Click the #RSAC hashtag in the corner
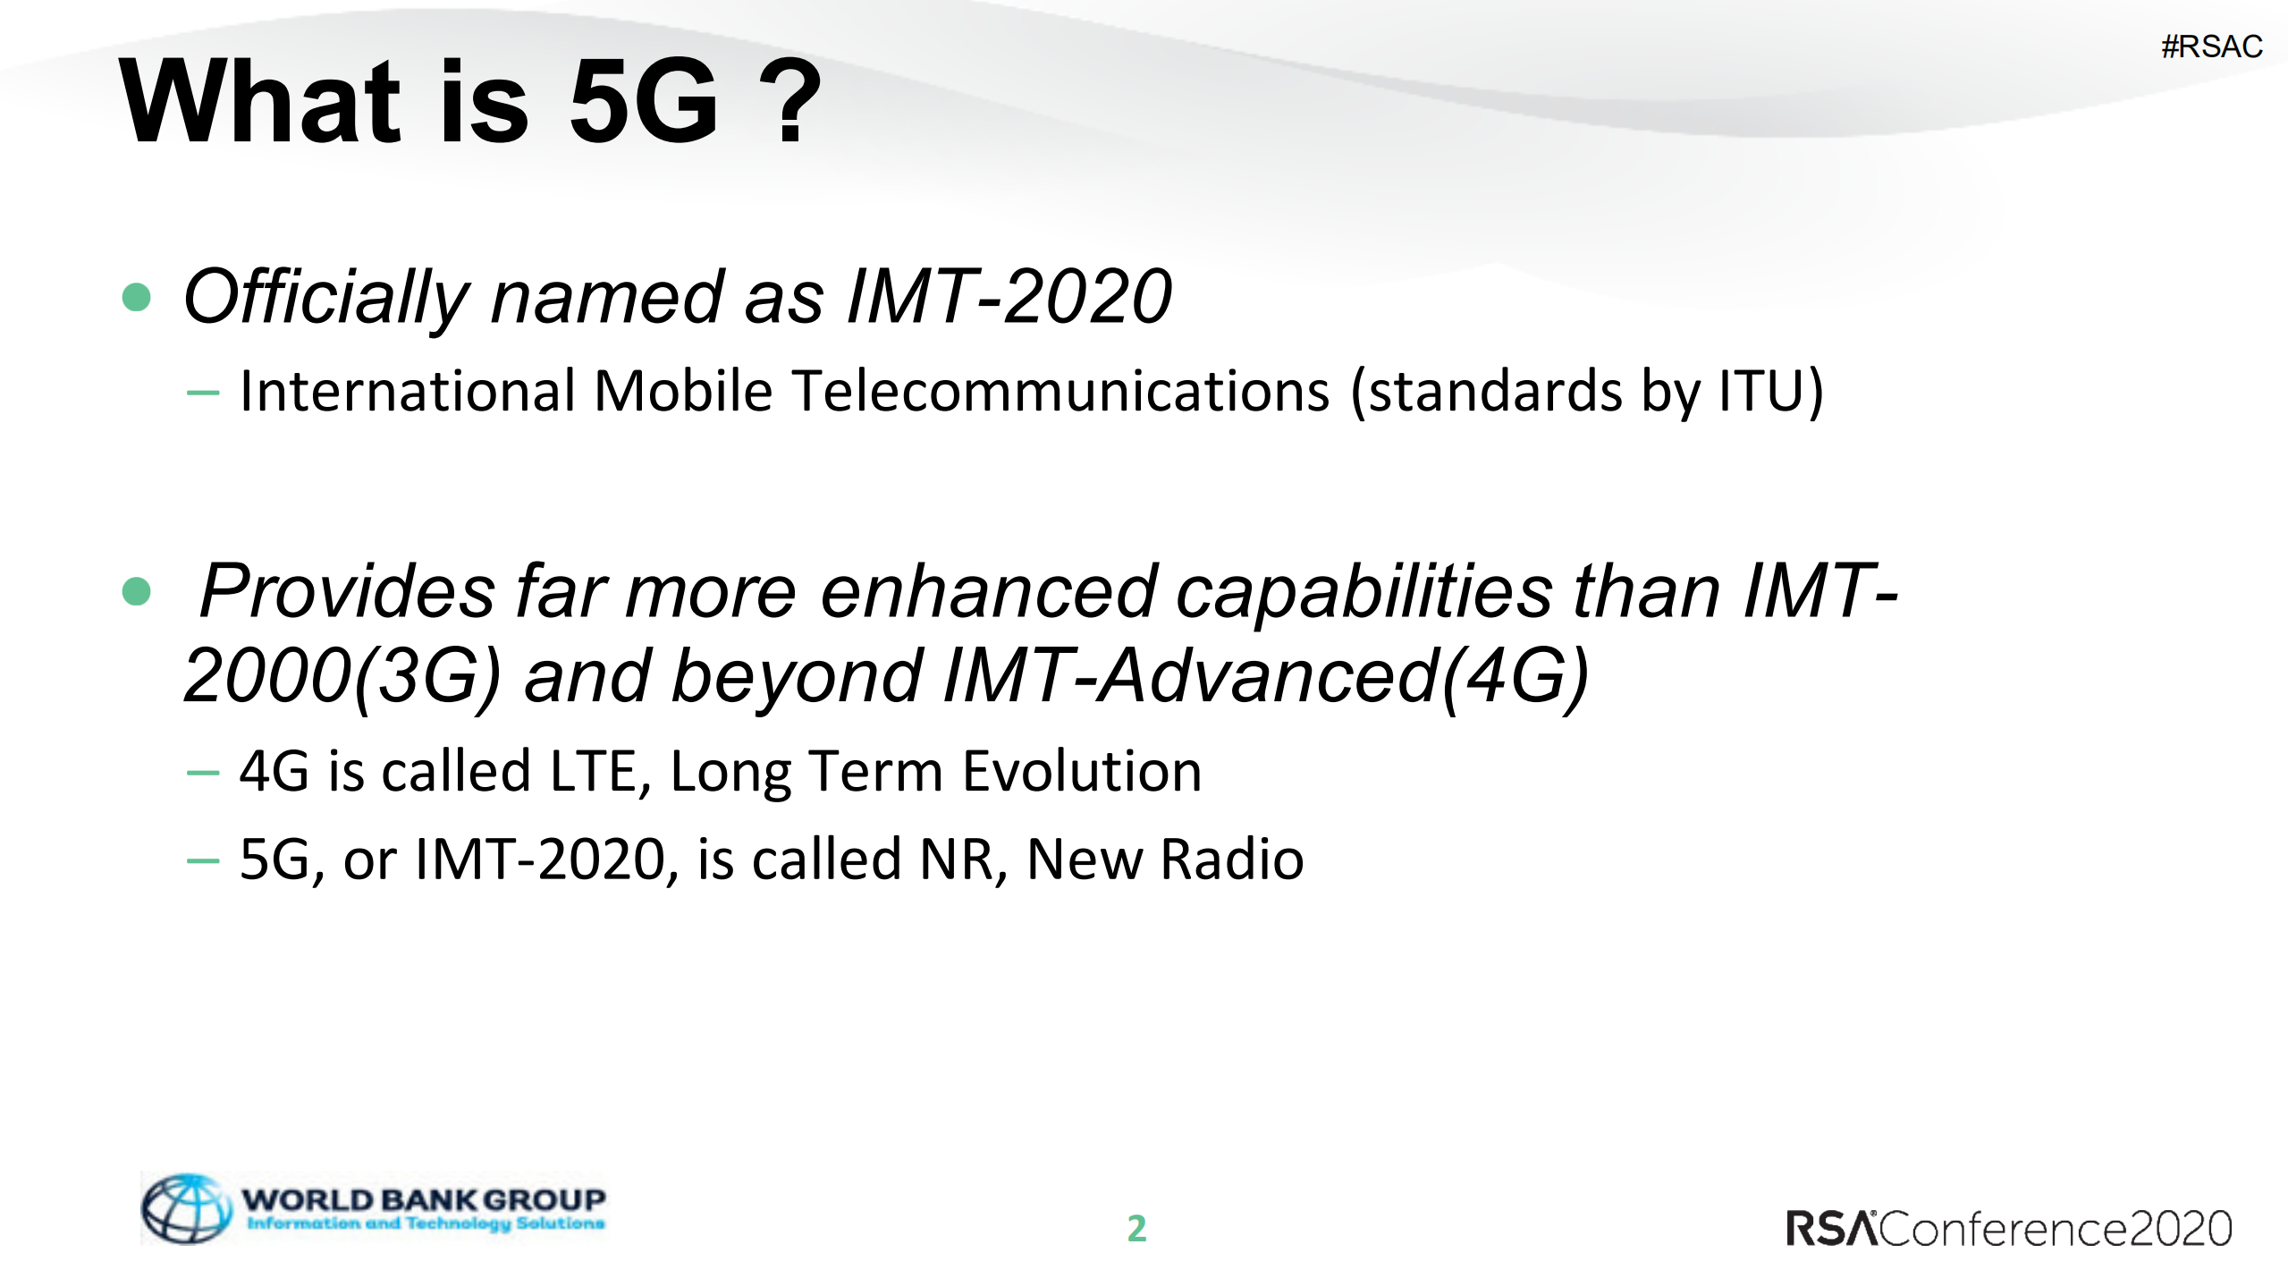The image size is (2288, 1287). pyautogui.click(x=2211, y=47)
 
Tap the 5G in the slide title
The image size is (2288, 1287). pyautogui.click(x=643, y=100)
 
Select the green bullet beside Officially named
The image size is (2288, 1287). pyautogui.click(x=136, y=297)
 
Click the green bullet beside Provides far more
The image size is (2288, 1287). pyautogui.click(x=136, y=591)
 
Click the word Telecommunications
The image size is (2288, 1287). pyautogui.click(x=1060, y=392)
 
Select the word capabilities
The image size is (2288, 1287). pyautogui.click(x=1364, y=592)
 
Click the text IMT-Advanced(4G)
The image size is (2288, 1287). pyautogui.click(x=1266, y=677)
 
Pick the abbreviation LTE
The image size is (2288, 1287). pyautogui.click(x=592, y=771)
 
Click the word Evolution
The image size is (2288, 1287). pyautogui.click(x=1082, y=771)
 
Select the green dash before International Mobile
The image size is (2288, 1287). pyautogui.click(x=203, y=392)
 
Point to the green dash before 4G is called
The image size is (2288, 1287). pyautogui.click(x=203, y=772)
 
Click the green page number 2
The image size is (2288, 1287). pyautogui.click(x=1136, y=1228)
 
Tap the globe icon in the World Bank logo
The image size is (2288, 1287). pyautogui.click(x=186, y=1209)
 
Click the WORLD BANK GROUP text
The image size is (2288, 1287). pyautogui.click(x=423, y=1198)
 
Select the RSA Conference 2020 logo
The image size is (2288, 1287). pyautogui.click(x=2008, y=1229)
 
